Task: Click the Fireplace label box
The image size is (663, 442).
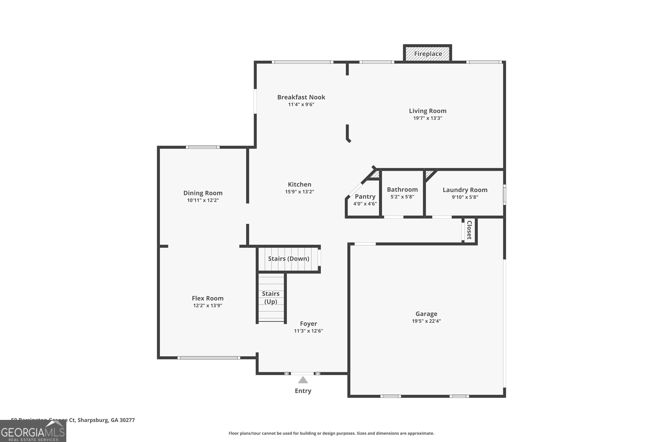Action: pyautogui.click(x=428, y=53)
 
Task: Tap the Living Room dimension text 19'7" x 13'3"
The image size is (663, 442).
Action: pyautogui.click(x=428, y=118)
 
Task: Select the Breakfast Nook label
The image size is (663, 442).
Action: pyautogui.click(x=301, y=97)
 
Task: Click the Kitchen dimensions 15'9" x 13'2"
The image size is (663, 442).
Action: pyautogui.click(x=299, y=192)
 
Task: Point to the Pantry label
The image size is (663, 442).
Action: pyautogui.click(x=365, y=196)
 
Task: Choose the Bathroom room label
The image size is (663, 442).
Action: pyautogui.click(x=402, y=189)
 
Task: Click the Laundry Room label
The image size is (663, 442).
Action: pyautogui.click(x=465, y=190)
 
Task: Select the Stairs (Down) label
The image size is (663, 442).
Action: pyautogui.click(x=288, y=259)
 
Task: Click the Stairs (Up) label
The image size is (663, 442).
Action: pyautogui.click(x=271, y=297)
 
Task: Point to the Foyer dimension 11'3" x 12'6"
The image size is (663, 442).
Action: pyautogui.click(x=308, y=331)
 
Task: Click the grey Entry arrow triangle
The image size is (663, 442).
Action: pyautogui.click(x=303, y=380)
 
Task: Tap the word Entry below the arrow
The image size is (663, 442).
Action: pyautogui.click(x=303, y=391)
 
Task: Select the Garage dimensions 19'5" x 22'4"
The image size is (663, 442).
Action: pyautogui.click(x=426, y=321)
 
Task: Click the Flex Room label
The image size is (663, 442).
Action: pyautogui.click(x=208, y=298)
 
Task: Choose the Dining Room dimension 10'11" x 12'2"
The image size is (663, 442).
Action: pyautogui.click(x=203, y=200)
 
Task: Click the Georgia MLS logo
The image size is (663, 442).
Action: pyautogui.click(x=33, y=431)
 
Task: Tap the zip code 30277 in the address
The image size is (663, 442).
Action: pyautogui.click(x=127, y=420)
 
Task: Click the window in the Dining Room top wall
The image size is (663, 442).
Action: pyautogui.click(x=202, y=147)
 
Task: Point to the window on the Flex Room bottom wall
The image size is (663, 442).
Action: pyautogui.click(x=209, y=358)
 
